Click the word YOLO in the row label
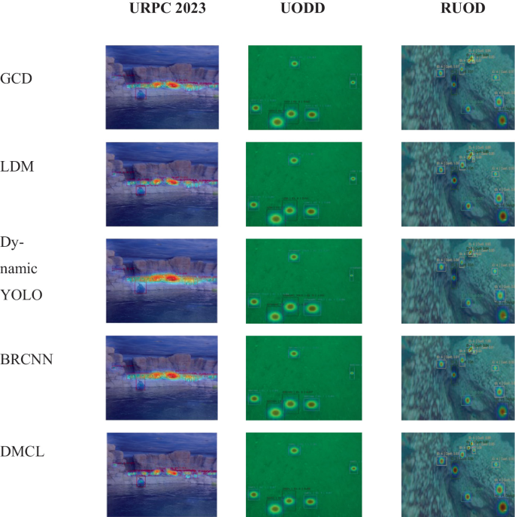21,294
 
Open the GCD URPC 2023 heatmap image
162,87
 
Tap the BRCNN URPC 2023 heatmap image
162,376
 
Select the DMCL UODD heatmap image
304,473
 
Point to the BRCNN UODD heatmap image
304,376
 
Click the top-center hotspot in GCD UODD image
294,63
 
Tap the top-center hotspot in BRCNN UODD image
294,353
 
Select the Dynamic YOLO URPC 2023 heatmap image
162,280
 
